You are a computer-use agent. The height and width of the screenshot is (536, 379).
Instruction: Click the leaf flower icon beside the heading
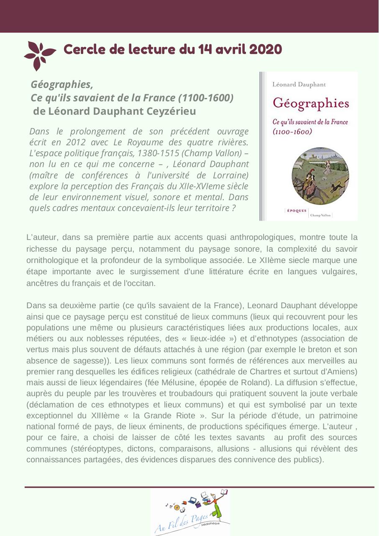pos(39,55)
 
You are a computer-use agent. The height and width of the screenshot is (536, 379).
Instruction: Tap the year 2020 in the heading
pos(266,49)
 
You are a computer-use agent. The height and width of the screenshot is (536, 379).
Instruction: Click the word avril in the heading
pos(230,49)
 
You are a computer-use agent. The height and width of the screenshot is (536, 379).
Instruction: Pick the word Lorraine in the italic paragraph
pos(230,175)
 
